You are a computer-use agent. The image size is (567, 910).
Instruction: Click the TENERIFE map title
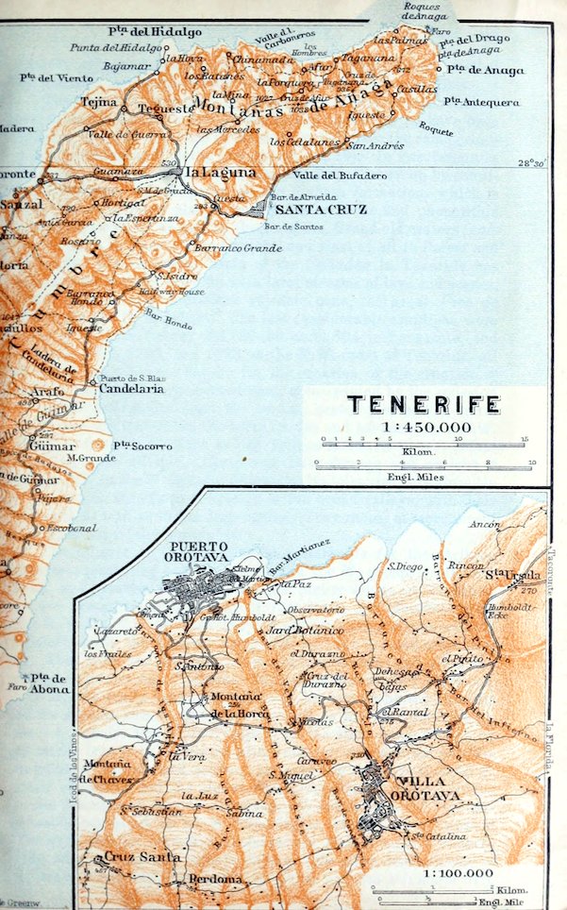[x=424, y=405]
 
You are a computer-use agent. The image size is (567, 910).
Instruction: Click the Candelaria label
[x=131, y=389]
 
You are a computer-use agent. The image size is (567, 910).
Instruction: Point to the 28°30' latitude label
[x=533, y=162]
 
